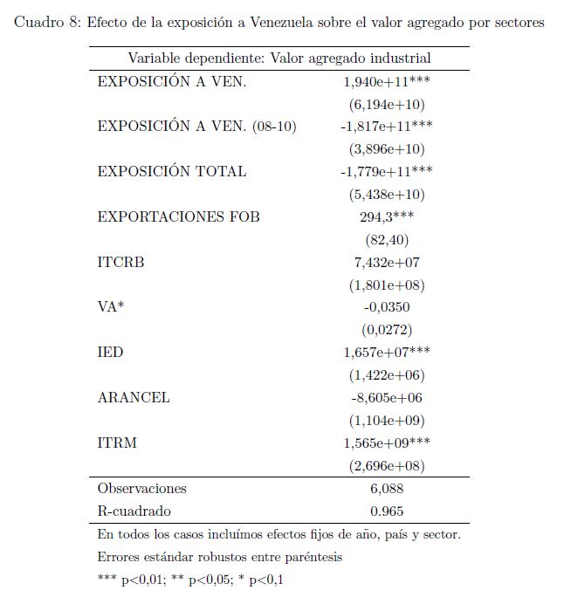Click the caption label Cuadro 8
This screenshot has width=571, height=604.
point(49,22)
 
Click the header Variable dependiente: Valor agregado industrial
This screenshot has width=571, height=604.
point(279,58)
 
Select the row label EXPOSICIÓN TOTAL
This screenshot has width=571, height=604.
point(172,171)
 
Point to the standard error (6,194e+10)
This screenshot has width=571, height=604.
point(387,104)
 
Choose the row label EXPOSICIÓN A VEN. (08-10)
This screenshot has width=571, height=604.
point(196,127)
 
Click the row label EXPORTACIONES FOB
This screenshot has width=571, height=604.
point(178,216)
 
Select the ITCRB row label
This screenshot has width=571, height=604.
point(120,262)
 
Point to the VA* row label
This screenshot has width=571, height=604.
point(111,307)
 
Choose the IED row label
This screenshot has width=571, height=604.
point(110,353)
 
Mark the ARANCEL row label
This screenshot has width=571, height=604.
point(134,398)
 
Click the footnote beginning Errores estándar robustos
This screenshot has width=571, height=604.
point(220,557)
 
